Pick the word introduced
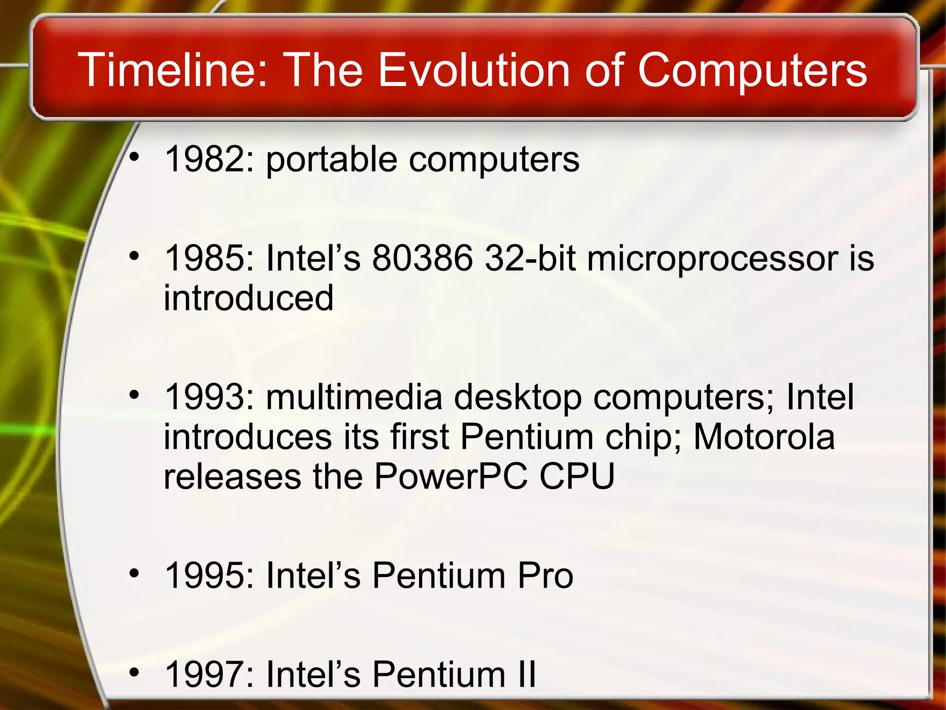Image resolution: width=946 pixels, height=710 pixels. [x=249, y=298]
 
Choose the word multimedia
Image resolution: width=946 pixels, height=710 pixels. [x=354, y=397]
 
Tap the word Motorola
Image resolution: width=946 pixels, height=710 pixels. [x=764, y=437]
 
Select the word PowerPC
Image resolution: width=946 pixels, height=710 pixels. [x=451, y=477]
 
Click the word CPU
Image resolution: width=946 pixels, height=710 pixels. [x=577, y=477]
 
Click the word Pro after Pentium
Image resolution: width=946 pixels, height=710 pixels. [x=545, y=575]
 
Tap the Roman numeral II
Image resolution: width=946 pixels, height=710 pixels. [x=527, y=674]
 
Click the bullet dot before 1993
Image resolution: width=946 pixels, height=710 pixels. [x=134, y=395]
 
